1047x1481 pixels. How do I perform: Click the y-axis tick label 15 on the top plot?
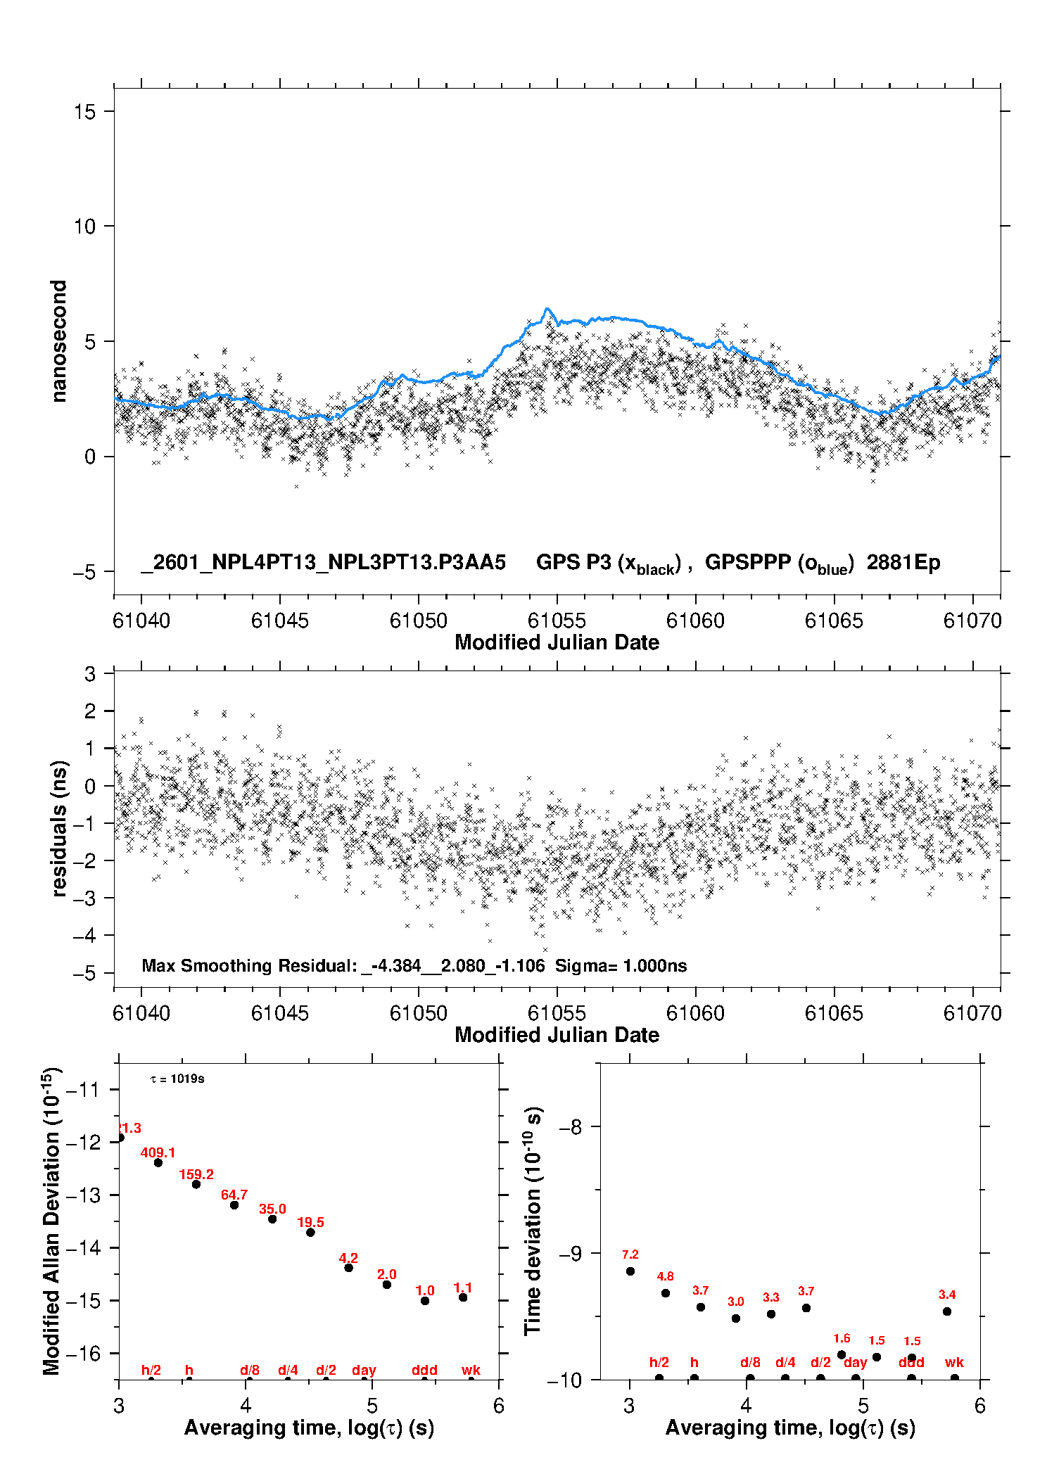pyautogui.click(x=84, y=112)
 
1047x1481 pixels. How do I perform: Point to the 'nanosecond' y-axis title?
pyautogui.click(x=58, y=341)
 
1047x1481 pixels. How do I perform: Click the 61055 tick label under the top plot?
pyautogui.click(x=557, y=621)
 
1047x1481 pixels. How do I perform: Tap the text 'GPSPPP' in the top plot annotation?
pyautogui.click(x=747, y=563)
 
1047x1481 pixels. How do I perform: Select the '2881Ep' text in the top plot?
pyautogui.click(x=903, y=563)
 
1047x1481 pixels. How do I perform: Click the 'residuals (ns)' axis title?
pyautogui.click(x=59, y=828)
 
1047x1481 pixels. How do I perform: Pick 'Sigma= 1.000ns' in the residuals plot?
pyautogui.click(x=621, y=966)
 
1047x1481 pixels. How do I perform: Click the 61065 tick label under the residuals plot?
pyautogui.click(x=833, y=1013)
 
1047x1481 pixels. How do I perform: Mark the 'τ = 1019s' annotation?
pyautogui.click(x=177, y=1079)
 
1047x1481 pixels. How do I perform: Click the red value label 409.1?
pyautogui.click(x=158, y=1152)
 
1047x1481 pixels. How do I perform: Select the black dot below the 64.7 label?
pyautogui.click(x=234, y=1205)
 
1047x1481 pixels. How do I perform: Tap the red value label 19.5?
pyautogui.click(x=310, y=1222)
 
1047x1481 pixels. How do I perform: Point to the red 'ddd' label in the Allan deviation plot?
pyautogui.click(x=424, y=1370)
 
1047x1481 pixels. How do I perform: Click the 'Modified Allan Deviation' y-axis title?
pyautogui.click(x=52, y=1221)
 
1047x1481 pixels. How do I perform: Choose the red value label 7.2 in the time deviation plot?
pyautogui.click(x=630, y=1254)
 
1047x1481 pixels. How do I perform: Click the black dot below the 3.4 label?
pyautogui.click(x=947, y=1311)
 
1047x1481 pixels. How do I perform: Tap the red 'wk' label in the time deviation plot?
pyautogui.click(x=953, y=1363)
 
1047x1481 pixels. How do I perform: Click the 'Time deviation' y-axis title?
pyautogui.click(x=533, y=1221)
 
